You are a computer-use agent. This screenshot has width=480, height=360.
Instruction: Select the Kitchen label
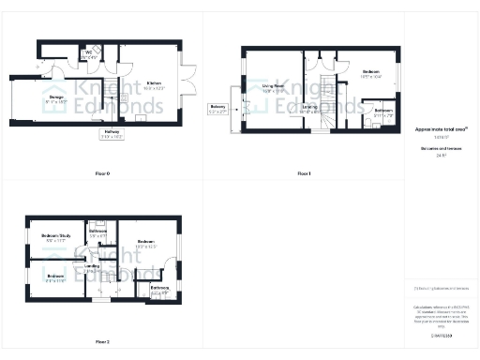(153, 84)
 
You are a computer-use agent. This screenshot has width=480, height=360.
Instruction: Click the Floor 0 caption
(102, 174)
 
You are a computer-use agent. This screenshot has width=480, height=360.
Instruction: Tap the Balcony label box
(218, 110)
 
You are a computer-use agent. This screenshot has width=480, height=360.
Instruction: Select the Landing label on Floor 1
(308, 108)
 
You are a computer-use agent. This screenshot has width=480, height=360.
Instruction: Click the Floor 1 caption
(304, 174)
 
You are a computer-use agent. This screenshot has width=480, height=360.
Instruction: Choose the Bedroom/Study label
(56, 236)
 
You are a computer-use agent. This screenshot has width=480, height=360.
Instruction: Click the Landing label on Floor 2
(93, 268)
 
